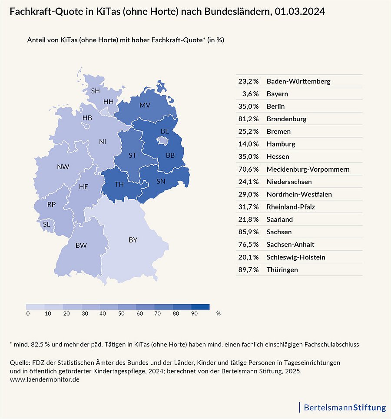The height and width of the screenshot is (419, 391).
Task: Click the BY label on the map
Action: coord(133,239)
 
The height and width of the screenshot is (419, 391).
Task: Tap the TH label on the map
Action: coord(119,184)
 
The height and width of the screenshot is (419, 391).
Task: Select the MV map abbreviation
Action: coord(145,105)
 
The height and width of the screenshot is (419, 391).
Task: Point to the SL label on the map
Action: coord(46,225)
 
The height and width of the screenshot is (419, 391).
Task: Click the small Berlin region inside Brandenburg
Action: coord(163,140)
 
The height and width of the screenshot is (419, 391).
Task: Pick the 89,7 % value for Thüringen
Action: coord(249,270)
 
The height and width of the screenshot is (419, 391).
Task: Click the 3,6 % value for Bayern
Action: coord(250,94)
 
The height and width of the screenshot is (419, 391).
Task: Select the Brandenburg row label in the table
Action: coord(287,119)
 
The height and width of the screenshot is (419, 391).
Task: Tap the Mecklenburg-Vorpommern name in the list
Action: coord(308,169)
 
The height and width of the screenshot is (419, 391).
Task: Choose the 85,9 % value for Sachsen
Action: coord(249,232)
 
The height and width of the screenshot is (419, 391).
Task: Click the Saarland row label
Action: coord(280,219)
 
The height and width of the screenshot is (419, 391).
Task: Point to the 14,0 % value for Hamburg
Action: coord(249,144)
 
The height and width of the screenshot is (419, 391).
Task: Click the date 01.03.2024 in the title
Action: coord(300,12)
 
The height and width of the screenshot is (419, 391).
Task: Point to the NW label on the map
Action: coord(63,166)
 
